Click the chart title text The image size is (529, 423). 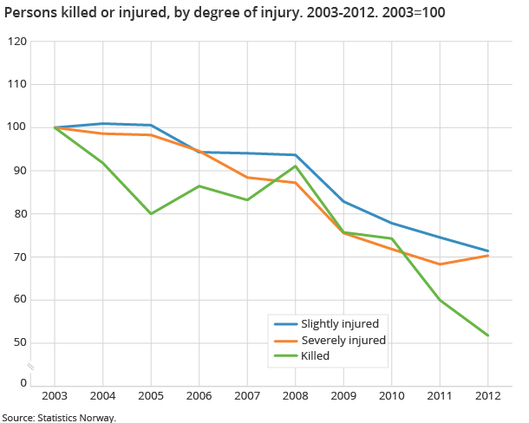[225, 14]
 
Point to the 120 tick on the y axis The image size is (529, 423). [16, 42]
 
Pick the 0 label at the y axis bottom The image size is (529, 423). [23, 382]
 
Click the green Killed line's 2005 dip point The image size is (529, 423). [152, 213]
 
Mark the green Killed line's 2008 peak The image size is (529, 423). [296, 166]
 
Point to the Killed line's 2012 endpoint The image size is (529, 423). [488, 335]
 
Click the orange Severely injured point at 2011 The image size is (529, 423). [441, 264]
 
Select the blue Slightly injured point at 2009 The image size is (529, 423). [344, 201]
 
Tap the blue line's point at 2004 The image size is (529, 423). [103, 124]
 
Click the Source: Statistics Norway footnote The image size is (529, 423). [58, 417]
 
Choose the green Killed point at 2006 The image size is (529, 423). [199, 186]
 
